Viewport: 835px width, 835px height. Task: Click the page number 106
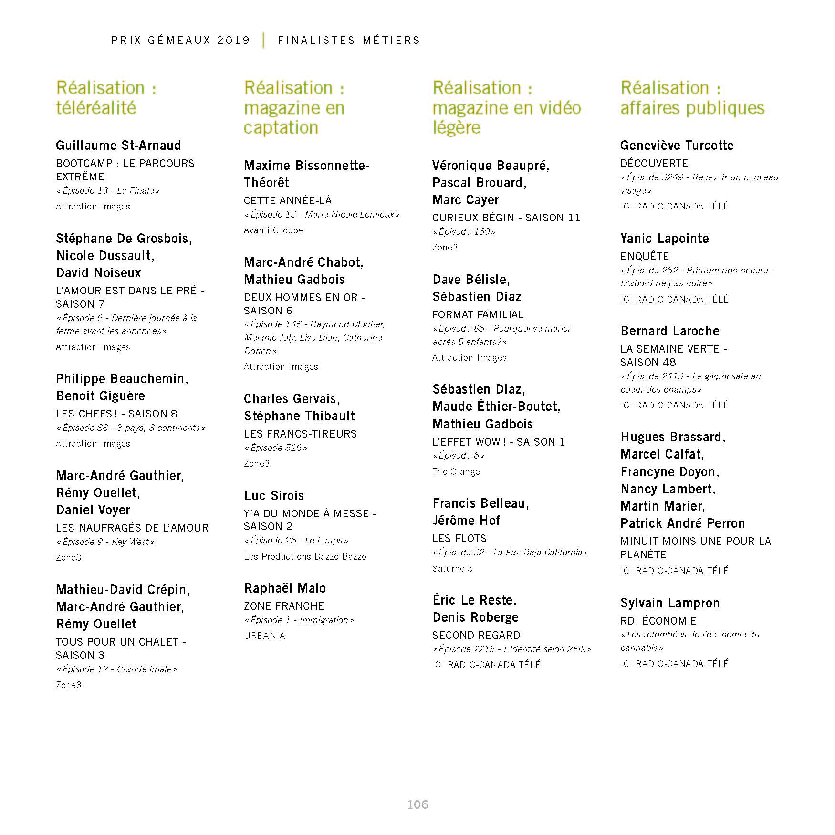click(x=417, y=804)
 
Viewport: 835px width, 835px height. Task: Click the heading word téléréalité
click(x=96, y=108)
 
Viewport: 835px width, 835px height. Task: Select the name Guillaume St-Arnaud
click(x=118, y=146)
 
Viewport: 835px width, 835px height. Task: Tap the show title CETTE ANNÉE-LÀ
click(x=288, y=200)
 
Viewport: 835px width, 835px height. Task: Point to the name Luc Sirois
click(x=274, y=496)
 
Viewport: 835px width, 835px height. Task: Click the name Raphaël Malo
click(x=285, y=588)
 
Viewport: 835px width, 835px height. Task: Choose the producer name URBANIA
click(x=264, y=636)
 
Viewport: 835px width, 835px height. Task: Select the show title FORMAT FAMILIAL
click(x=478, y=314)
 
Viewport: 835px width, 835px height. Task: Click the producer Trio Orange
click(x=456, y=471)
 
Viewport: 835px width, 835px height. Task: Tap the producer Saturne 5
click(x=452, y=568)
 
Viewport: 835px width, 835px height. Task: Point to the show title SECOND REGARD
click(x=476, y=635)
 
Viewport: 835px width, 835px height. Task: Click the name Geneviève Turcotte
click(x=677, y=146)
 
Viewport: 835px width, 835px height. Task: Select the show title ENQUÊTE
click(x=645, y=256)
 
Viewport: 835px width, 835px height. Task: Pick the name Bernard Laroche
click(x=670, y=331)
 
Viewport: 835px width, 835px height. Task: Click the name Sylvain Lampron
click(x=670, y=603)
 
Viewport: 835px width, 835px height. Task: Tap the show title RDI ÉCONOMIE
click(x=658, y=621)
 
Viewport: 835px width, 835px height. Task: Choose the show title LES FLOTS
click(x=459, y=538)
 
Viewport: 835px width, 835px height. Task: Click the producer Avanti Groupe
click(x=273, y=230)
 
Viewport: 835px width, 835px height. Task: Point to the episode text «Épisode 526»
click(x=276, y=448)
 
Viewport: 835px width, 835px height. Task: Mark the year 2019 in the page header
click(x=234, y=40)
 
